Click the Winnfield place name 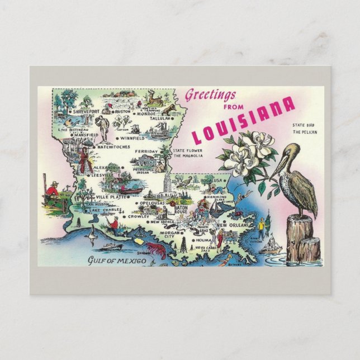coord(132,138)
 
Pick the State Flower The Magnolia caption coord(189,153)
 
